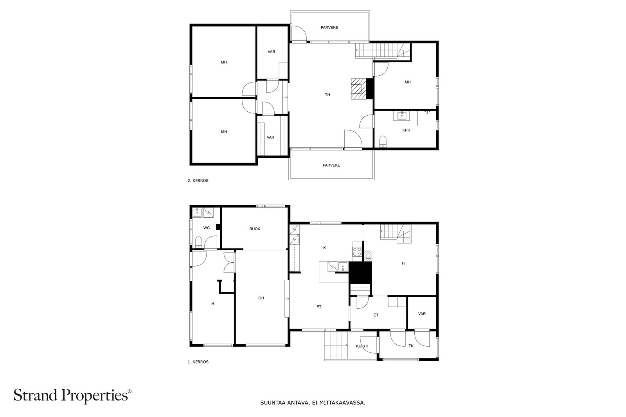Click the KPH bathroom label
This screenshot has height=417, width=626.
click(x=406, y=130)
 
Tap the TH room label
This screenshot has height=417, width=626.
click(x=327, y=95)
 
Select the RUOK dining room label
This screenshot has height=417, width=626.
click(x=255, y=229)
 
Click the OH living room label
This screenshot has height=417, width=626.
click(x=261, y=298)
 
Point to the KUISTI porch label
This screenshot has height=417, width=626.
click(x=362, y=346)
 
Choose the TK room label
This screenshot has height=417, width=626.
click(x=411, y=346)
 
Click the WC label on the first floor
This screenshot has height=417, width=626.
click(x=207, y=228)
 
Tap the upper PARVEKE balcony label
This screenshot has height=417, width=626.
click(x=329, y=27)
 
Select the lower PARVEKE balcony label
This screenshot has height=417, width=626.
click(x=331, y=165)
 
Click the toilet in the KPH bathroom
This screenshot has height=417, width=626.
click(x=383, y=141)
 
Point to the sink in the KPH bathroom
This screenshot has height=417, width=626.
click(x=401, y=116)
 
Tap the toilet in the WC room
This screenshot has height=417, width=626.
click(x=198, y=242)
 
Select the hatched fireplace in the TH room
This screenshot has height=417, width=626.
click(x=358, y=89)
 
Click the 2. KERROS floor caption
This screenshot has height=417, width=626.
click(x=198, y=181)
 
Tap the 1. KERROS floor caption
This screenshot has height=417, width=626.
click(x=198, y=362)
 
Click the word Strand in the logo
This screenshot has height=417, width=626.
click(x=36, y=395)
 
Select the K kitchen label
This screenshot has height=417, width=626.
click(x=324, y=247)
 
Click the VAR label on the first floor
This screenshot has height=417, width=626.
click(x=422, y=314)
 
